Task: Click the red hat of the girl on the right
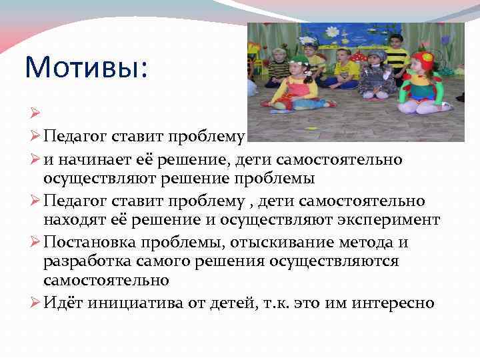tap(422, 60)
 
